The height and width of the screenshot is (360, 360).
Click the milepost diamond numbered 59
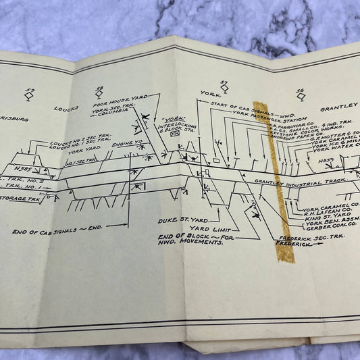(x=29, y=97)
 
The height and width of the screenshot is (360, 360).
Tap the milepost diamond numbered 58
(x=100, y=94)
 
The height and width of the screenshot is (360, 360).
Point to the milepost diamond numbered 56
(x=301, y=95)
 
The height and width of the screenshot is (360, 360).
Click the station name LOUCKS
(x=67, y=107)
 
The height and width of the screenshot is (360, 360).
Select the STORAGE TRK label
(x=21, y=199)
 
